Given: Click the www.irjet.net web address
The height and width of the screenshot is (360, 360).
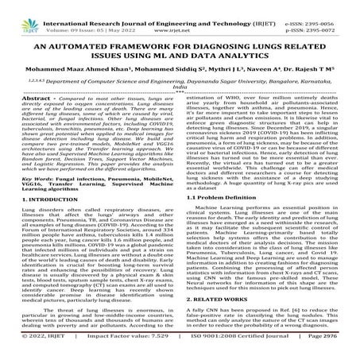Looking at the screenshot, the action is click(180, 17).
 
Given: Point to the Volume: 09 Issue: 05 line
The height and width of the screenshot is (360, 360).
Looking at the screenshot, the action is click(88, 17).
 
